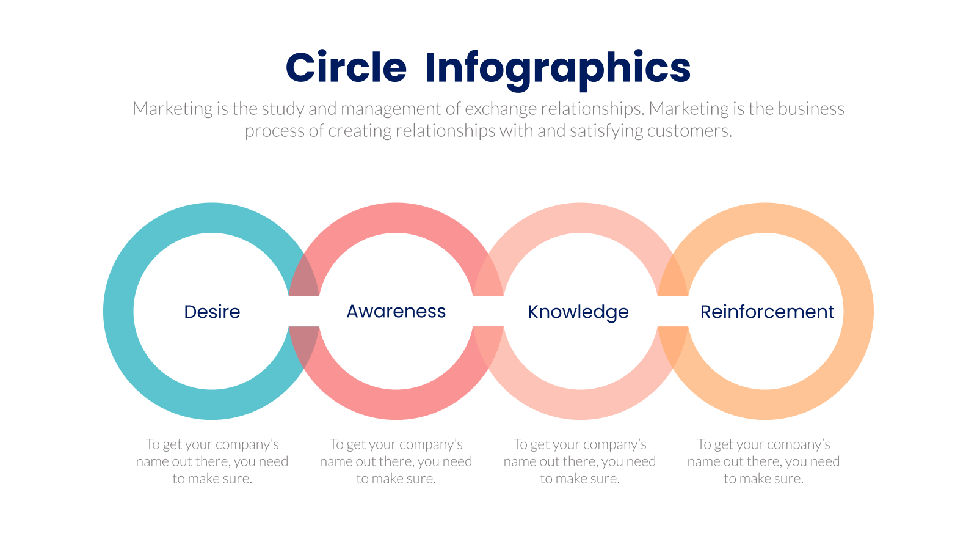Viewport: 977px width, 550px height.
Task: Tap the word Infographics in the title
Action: tap(558, 70)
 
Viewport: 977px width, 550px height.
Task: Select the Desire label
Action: tap(212, 312)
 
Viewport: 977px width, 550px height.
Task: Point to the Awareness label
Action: tap(396, 311)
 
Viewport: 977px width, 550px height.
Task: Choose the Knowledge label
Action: tap(578, 312)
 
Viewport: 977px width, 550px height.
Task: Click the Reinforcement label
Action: tap(767, 312)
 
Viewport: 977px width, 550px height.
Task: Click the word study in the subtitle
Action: tap(283, 109)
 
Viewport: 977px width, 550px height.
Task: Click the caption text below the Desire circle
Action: tap(212, 461)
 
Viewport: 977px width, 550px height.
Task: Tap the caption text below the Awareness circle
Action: tap(396, 461)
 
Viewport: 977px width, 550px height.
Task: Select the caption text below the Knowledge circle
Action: tap(579, 461)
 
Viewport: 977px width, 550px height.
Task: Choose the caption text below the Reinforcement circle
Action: tap(764, 461)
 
